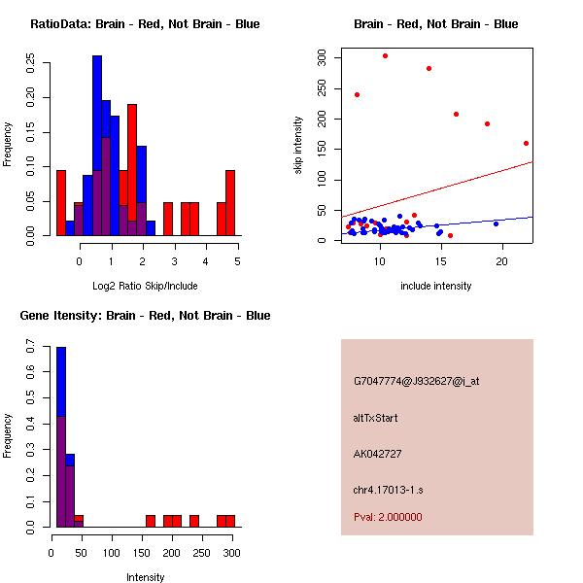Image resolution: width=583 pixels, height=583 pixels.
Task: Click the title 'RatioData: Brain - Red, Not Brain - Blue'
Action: point(145,24)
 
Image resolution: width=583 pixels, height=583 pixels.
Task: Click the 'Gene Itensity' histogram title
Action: point(145,316)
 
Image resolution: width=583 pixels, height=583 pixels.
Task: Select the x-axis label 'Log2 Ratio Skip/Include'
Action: point(144,286)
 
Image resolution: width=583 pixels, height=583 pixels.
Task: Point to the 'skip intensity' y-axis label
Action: point(298,145)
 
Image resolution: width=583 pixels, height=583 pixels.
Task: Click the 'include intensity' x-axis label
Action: point(436,286)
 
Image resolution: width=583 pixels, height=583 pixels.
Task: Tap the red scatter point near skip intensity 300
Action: point(385,56)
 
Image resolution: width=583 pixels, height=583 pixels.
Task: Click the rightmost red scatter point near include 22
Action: point(526,143)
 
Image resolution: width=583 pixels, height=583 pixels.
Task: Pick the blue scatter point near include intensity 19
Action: point(496,223)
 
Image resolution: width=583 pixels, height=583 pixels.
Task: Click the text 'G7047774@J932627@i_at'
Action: point(417,381)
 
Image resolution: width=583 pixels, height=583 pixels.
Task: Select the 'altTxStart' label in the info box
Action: point(376,418)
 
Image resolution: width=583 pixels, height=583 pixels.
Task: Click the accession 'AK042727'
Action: point(378,454)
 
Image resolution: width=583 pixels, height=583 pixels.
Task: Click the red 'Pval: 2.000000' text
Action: point(388,517)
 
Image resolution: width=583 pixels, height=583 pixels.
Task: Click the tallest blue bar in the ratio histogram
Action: point(97,146)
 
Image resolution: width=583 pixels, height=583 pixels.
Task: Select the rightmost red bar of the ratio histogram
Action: point(230,202)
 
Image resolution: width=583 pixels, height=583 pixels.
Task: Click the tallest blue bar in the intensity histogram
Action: point(61,437)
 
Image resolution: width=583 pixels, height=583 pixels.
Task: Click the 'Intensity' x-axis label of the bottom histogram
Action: point(145,577)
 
